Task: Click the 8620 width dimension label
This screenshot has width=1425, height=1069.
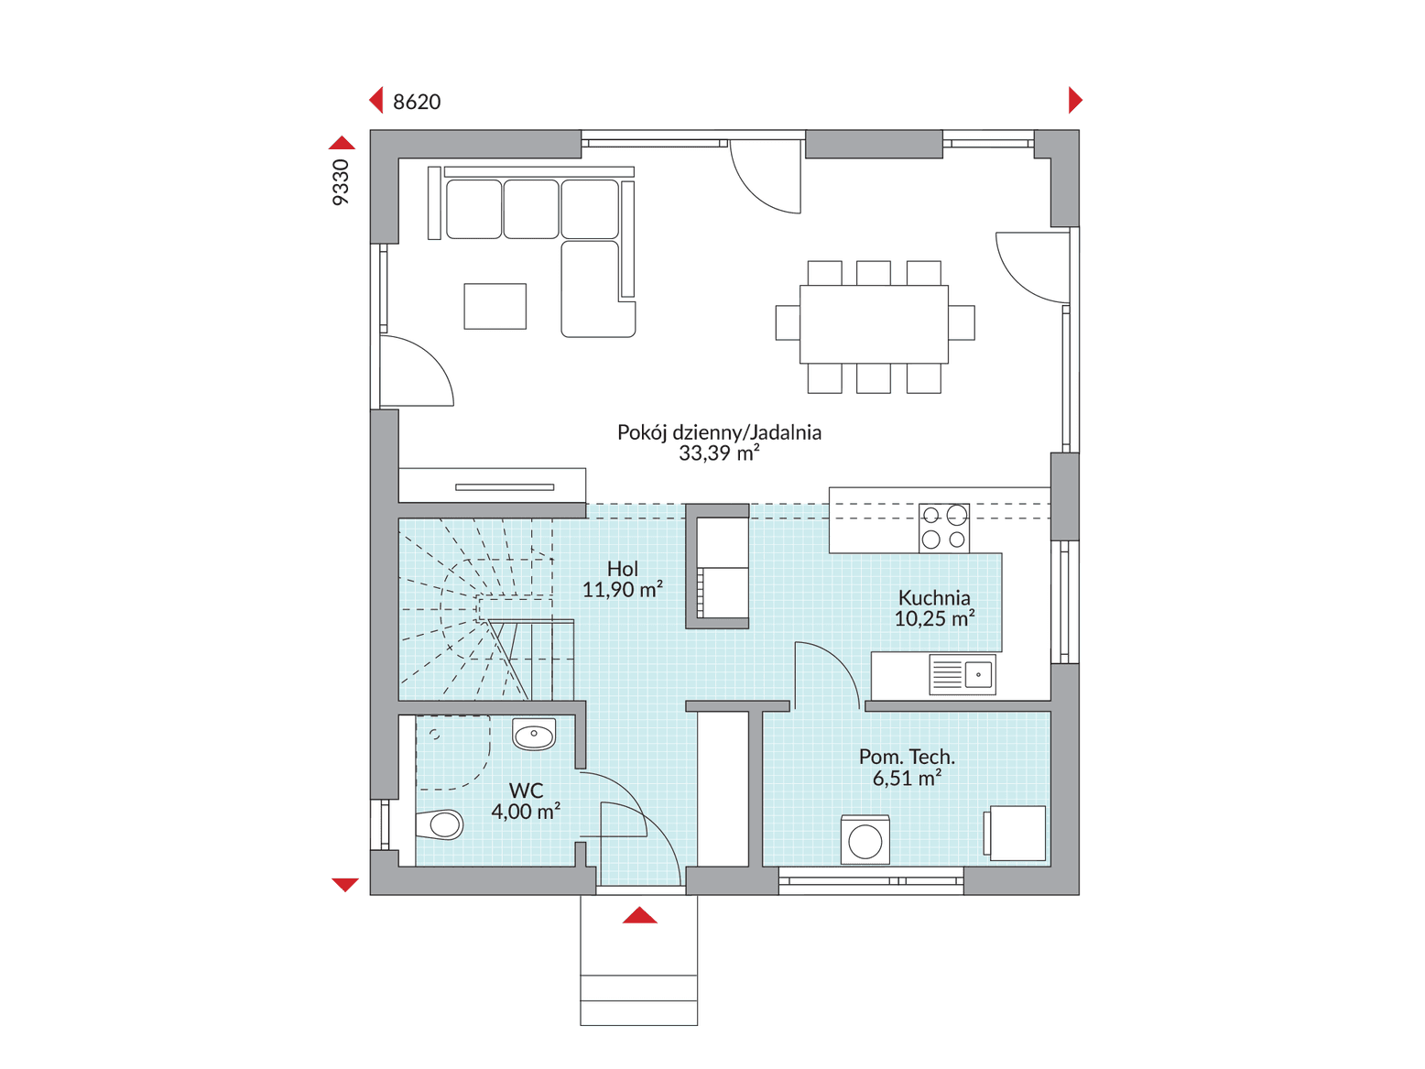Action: point(416,102)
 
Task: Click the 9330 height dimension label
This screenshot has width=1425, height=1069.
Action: point(340,182)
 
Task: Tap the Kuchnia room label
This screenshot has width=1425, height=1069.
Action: point(933,598)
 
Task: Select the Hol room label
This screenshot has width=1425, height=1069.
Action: point(622,569)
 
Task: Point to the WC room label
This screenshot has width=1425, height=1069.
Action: point(526,791)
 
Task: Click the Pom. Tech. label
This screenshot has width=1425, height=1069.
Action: point(907,757)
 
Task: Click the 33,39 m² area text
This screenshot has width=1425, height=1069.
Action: point(719,453)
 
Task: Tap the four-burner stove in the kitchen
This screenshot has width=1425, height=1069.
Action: point(943,528)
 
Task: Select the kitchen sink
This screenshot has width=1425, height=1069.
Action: point(963,674)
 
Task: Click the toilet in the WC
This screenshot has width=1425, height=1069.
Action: point(439,825)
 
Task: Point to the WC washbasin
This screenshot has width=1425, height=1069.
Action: point(534,734)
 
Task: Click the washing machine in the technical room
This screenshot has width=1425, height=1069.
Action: point(865,840)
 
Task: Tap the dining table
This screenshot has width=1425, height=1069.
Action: point(873,324)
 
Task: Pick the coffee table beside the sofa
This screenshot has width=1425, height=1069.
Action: point(495,306)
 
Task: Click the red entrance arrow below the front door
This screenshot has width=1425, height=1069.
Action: point(639,915)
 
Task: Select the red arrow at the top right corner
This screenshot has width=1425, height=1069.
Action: point(1075,101)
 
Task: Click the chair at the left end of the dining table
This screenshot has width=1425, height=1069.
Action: point(788,322)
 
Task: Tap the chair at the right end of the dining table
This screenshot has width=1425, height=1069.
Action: point(962,322)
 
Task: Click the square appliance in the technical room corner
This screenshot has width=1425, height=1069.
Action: point(1015,834)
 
